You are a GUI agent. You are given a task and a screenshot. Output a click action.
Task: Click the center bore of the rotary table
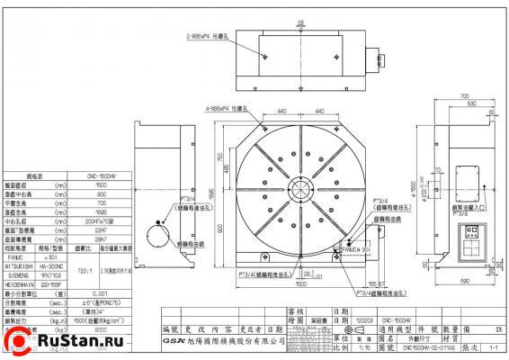tap(300, 190)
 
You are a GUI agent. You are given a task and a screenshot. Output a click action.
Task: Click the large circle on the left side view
tap(160, 240)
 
